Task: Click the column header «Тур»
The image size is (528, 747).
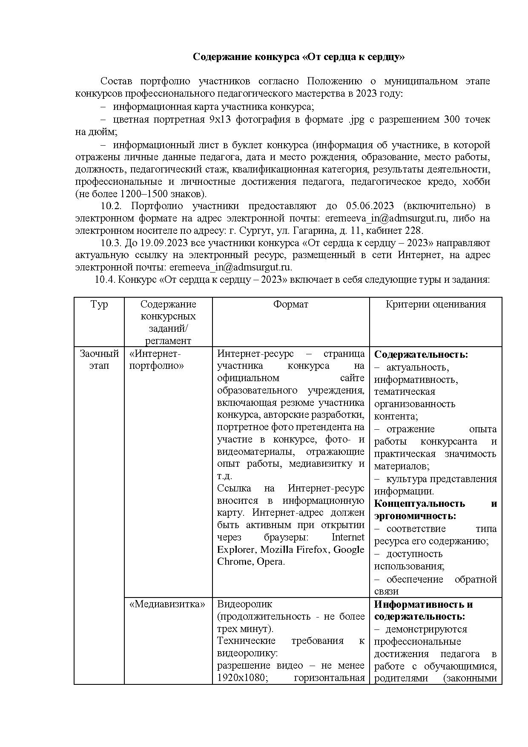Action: pyautogui.click(x=99, y=304)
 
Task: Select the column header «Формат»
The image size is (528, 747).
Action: pyautogui.click(x=290, y=304)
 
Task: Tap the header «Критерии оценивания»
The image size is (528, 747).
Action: pyautogui.click(x=435, y=304)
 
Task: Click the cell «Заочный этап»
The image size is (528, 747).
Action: pyautogui.click(x=99, y=360)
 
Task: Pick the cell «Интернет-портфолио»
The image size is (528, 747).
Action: pyautogui.click(x=156, y=360)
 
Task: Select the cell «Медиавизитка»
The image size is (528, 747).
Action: pyautogui.click(x=167, y=604)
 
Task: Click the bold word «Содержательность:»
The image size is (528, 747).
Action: pyautogui.click(x=421, y=355)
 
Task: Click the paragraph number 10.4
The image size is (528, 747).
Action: pyautogui.click(x=105, y=280)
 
